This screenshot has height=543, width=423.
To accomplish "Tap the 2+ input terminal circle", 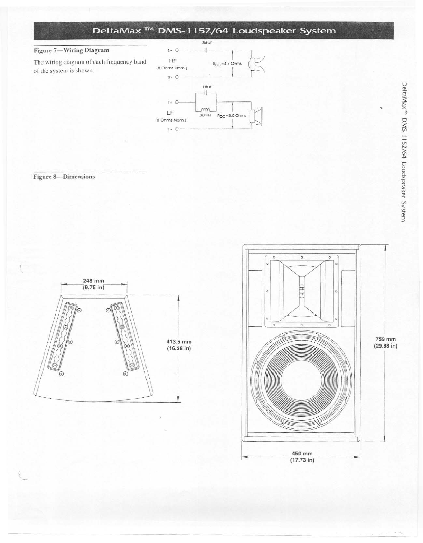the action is [177, 50].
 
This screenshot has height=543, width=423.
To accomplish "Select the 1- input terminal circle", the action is [177, 129].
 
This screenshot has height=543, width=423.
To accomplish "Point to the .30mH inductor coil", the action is [206, 109].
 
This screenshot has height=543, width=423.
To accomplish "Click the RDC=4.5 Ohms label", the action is [227, 64].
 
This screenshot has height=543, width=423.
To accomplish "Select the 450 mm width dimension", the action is [300, 456].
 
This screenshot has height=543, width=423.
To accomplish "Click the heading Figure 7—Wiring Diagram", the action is [71, 50].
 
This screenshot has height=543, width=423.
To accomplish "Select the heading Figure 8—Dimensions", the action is [64, 177].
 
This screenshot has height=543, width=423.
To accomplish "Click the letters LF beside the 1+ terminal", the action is [170, 113].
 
